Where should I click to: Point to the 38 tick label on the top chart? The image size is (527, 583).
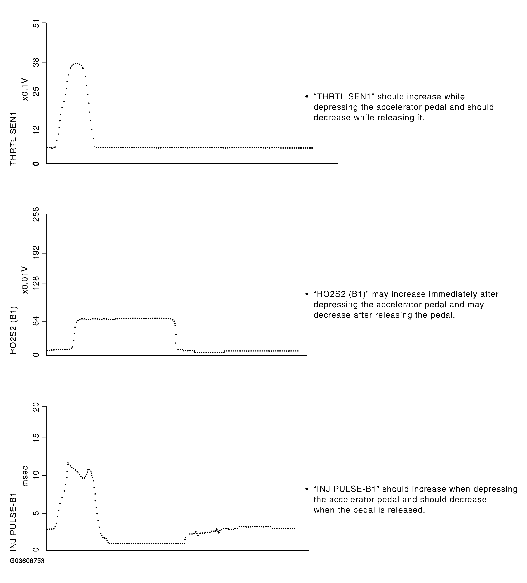tap(36, 63)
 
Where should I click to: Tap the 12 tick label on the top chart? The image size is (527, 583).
tap(36, 130)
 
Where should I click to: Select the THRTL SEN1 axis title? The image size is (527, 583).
tap(13, 139)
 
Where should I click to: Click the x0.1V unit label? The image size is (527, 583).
tap(25, 89)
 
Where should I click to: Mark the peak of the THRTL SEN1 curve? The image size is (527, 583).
tap(76, 63)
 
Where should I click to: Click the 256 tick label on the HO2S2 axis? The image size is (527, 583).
tap(36, 214)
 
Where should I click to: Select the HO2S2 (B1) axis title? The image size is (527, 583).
tap(13, 330)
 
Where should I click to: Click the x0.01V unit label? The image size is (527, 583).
tap(25, 280)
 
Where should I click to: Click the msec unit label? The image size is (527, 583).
tap(25, 476)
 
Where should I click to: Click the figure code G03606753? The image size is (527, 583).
tap(27, 561)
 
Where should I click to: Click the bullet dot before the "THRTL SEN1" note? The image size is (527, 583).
tap(307, 97)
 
